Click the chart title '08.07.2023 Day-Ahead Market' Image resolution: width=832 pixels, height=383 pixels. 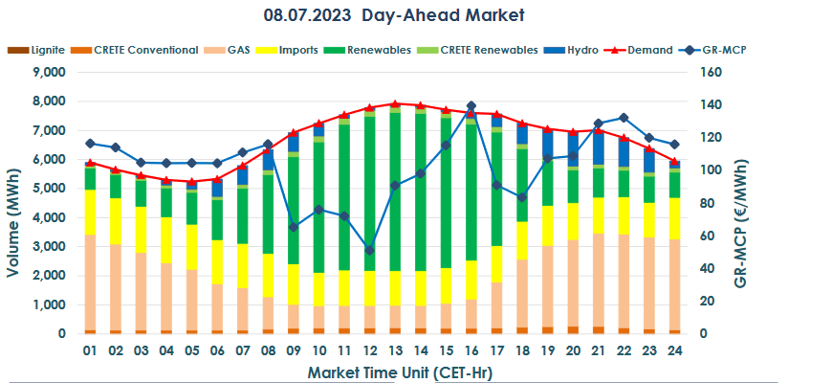click(394, 16)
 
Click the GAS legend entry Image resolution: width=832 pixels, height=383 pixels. click(239, 50)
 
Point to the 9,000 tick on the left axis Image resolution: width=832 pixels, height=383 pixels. click(47, 72)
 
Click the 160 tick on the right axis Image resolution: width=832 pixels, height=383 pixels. click(736, 72)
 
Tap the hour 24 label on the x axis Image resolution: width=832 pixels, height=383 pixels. click(674, 350)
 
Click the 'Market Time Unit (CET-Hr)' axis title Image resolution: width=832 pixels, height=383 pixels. click(381, 370)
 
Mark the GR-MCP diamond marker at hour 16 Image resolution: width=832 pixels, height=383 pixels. click(471, 105)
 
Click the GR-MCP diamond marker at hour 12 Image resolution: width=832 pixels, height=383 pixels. click(369, 250)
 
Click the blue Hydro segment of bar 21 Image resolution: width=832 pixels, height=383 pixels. click(598, 147)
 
